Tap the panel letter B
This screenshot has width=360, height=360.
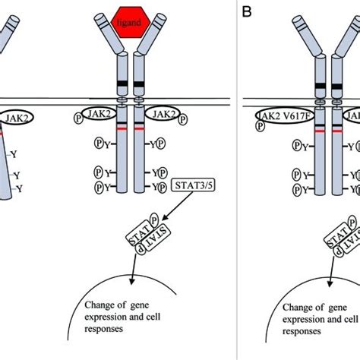246,11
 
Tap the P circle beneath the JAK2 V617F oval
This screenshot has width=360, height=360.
260,129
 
